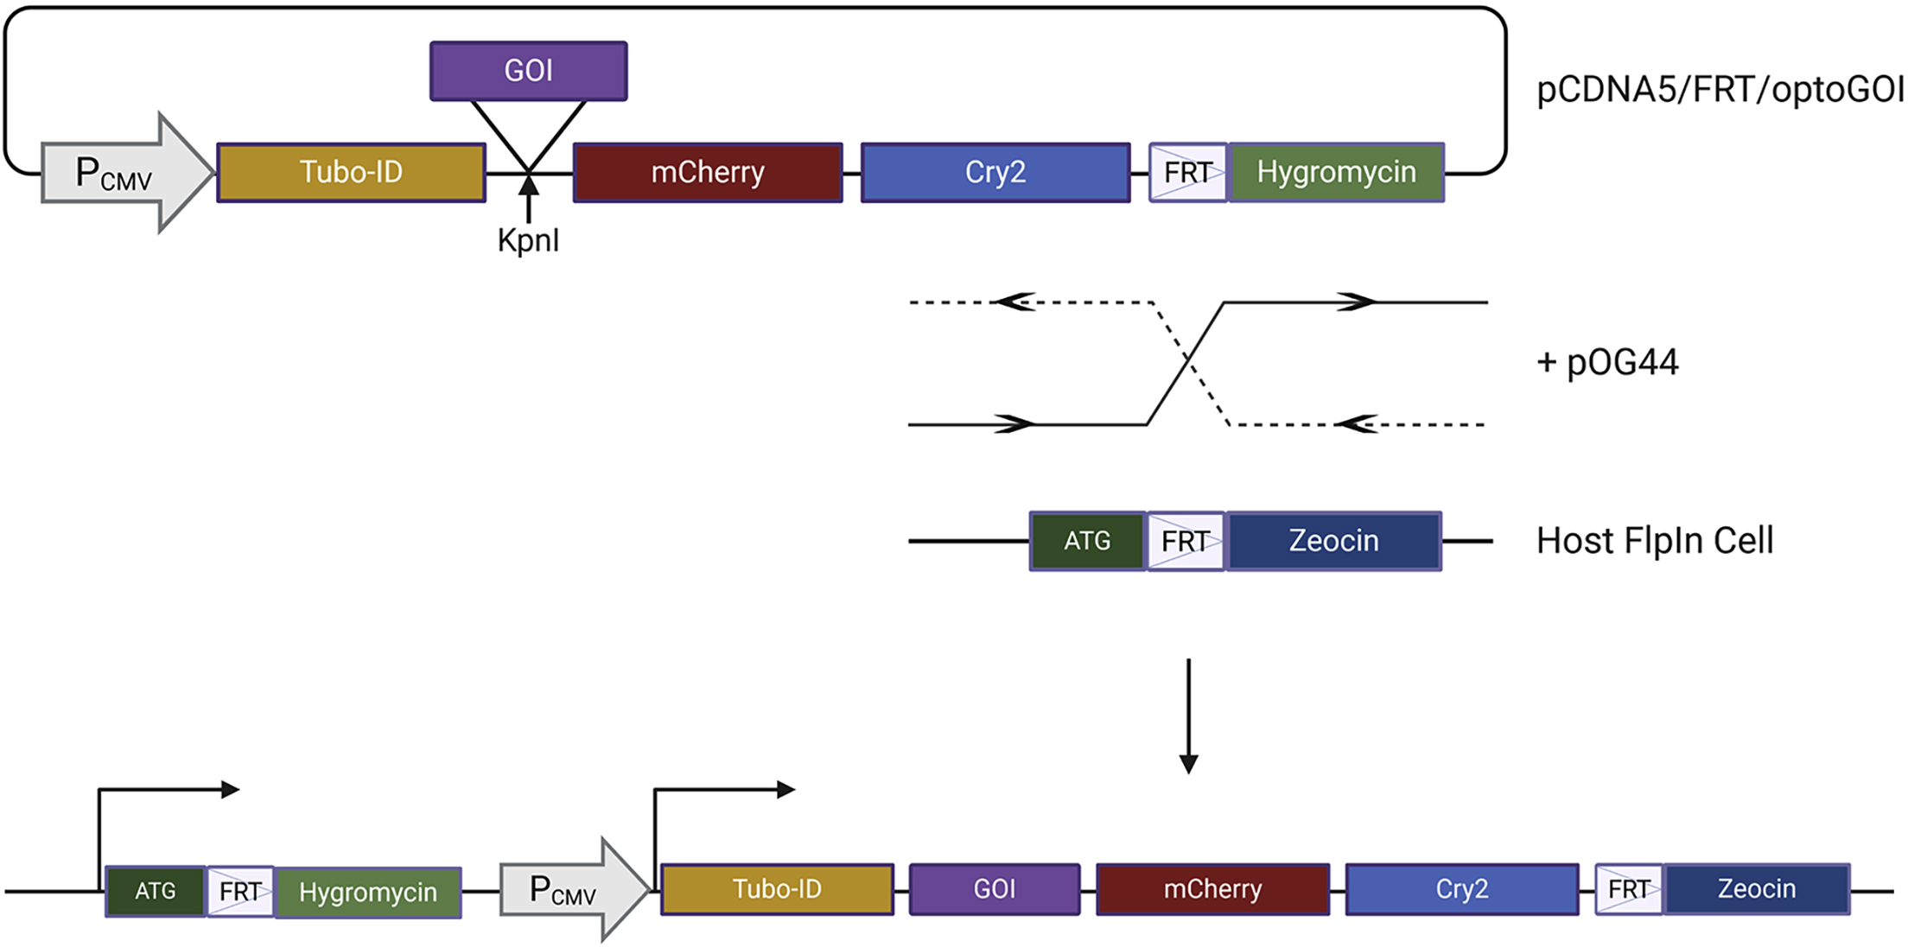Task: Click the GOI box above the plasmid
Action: pos(528,71)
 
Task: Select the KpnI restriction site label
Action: pos(528,240)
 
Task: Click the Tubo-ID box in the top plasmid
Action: pos(351,172)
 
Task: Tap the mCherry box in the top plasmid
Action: pos(708,172)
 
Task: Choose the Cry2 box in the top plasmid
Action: pos(995,172)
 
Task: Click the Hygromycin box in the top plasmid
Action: pos(1336,172)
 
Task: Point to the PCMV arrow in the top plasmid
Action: pos(121,173)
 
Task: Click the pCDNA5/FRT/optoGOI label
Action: pos(1719,90)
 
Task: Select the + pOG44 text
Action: pos(1607,362)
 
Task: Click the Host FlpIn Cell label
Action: pos(1654,541)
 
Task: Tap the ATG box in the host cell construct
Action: pos(1087,541)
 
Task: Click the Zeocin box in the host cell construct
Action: pos(1333,541)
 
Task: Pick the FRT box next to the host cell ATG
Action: pos(1186,541)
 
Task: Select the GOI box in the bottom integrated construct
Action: pos(994,889)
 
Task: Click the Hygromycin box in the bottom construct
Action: pos(367,892)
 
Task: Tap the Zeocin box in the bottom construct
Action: pos(1756,889)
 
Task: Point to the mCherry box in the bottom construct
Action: pos(1212,889)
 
